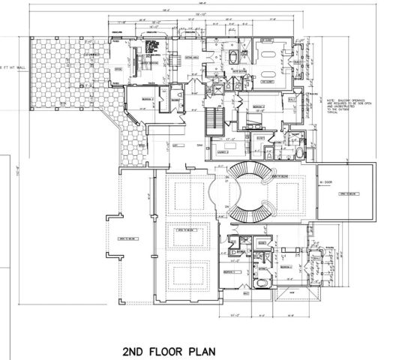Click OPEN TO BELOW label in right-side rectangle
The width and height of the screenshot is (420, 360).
(x=347, y=193)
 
